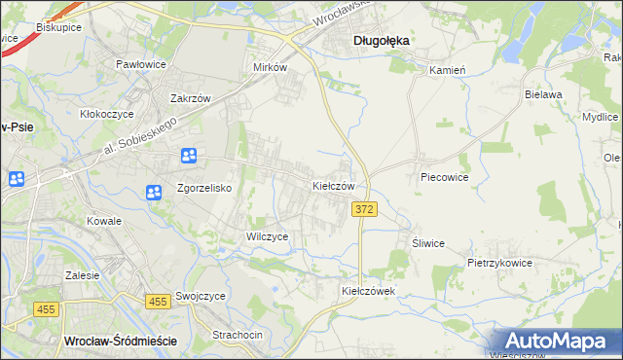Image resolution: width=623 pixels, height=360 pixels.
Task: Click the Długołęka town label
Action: pyautogui.click(x=380, y=40)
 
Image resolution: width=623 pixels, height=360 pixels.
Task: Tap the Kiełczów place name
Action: pyautogui.click(x=339, y=185)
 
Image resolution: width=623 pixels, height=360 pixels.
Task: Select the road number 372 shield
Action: pyautogui.click(x=364, y=210)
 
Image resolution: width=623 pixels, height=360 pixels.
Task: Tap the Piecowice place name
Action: pyautogui.click(x=445, y=178)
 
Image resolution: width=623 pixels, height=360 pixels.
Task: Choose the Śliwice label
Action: pyautogui.click(x=428, y=243)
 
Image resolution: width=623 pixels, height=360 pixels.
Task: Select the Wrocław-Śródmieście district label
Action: pyautogui.click(x=119, y=341)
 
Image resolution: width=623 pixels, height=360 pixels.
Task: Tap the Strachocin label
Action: pyautogui.click(x=238, y=335)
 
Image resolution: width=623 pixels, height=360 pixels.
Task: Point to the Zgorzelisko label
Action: pyautogui.click(x=202, y=189)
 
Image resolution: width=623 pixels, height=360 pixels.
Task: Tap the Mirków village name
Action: pyautogui.click(x=270, y=68)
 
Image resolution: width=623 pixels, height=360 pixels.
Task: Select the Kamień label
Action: pyautogui.click(x=448, y=70)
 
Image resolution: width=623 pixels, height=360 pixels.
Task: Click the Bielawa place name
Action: pyautogui.click(x=544, y=94)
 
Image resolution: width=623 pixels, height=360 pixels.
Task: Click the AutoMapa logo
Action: pyautogui.click(x=556, y=341)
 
